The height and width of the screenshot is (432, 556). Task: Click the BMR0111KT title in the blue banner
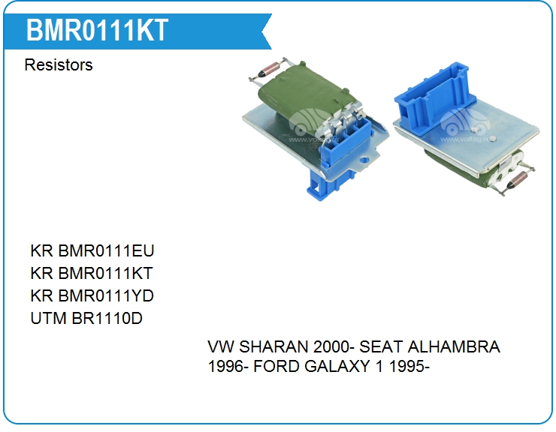pos(97,31)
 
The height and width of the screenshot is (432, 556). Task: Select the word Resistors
pos(59,64)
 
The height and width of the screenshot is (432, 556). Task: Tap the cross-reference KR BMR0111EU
pos(92,250)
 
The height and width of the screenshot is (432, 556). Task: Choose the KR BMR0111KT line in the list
pos(92,273)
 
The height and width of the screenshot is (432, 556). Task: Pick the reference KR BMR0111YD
pos(92,295)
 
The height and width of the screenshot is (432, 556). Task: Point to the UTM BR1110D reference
pos(86,318)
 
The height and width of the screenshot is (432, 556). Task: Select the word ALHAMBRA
pos(454,346)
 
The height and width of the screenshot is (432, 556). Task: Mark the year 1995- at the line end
pos(409,367)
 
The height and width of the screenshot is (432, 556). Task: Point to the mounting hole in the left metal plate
pos(363,160)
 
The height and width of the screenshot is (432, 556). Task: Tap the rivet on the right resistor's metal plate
pos(493,139)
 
